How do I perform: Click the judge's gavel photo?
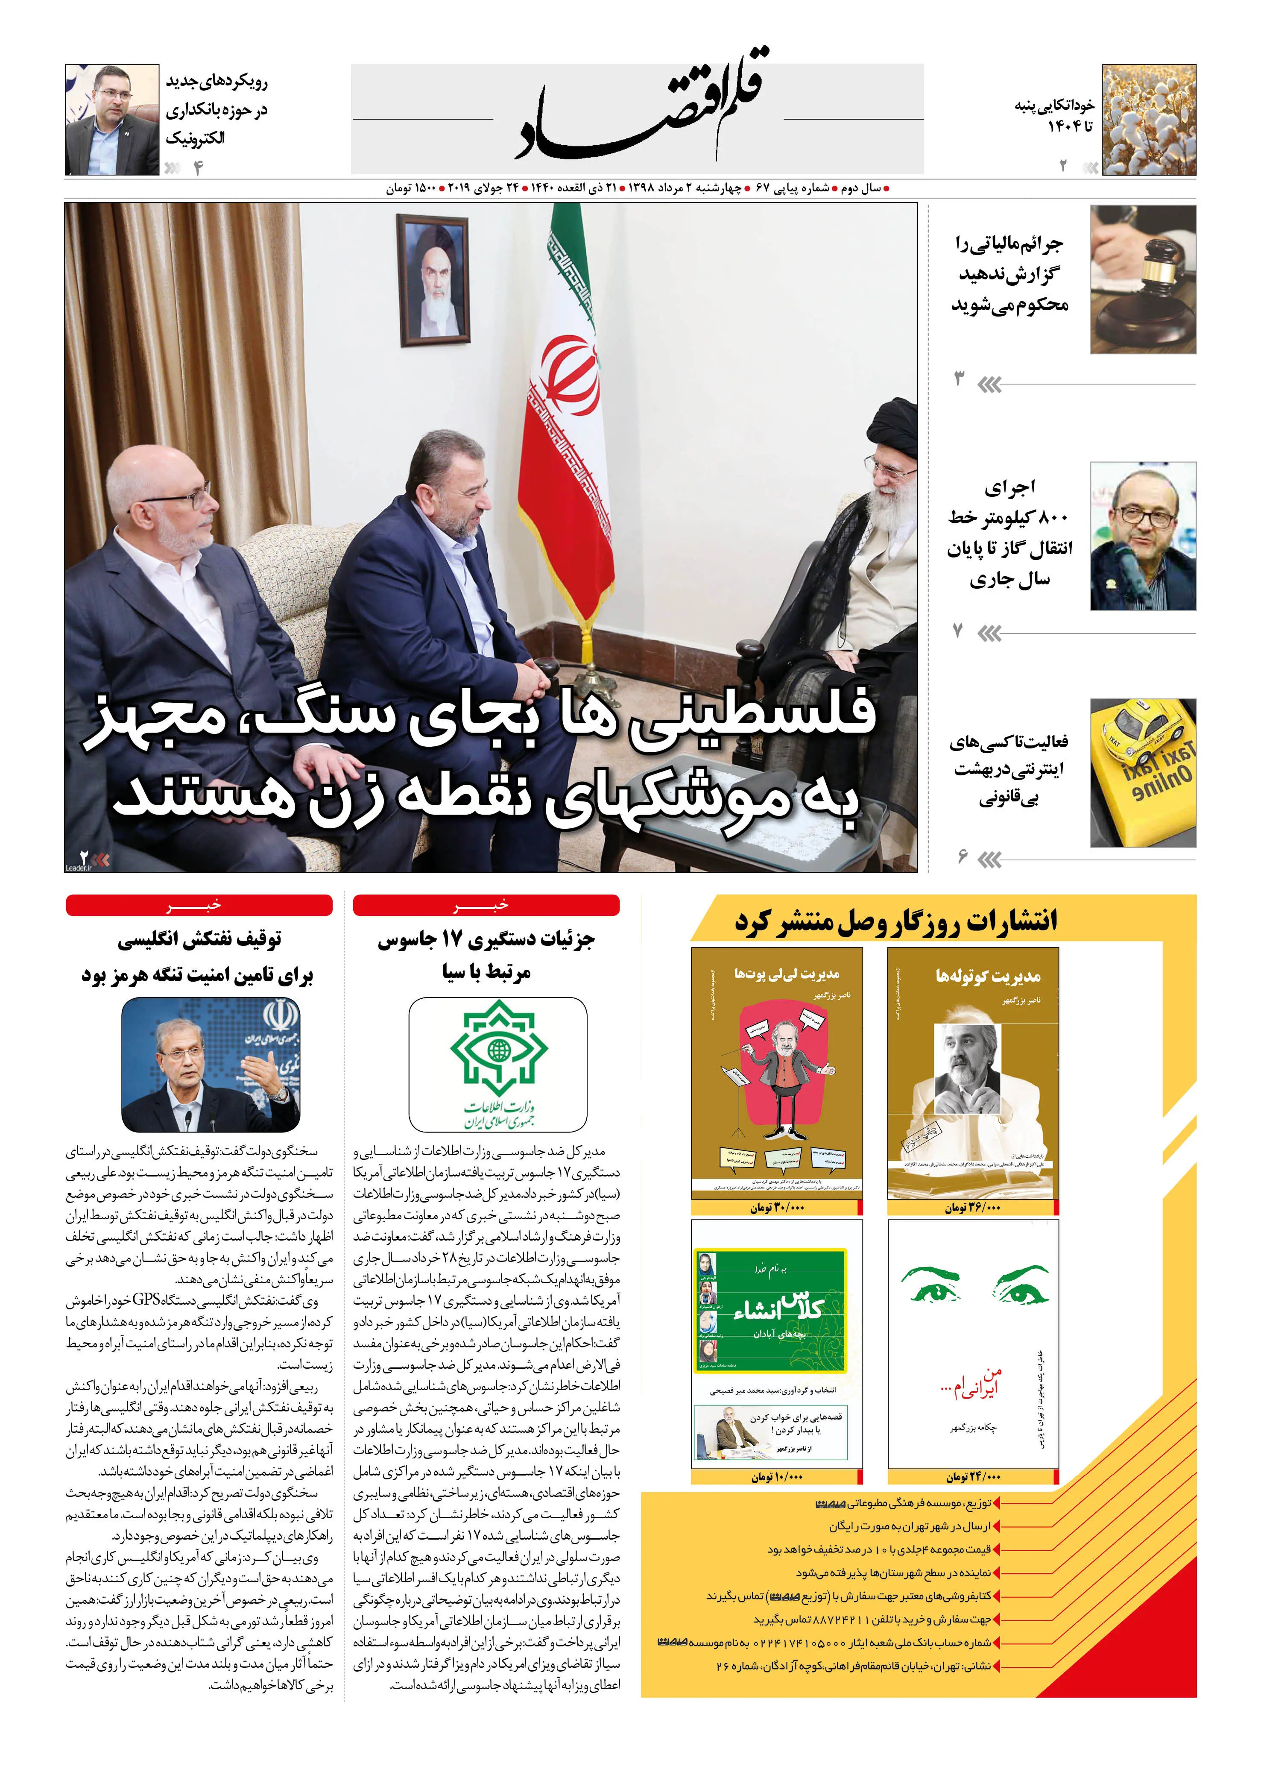point(1143,279)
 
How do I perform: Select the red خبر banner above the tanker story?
point(199,905)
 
